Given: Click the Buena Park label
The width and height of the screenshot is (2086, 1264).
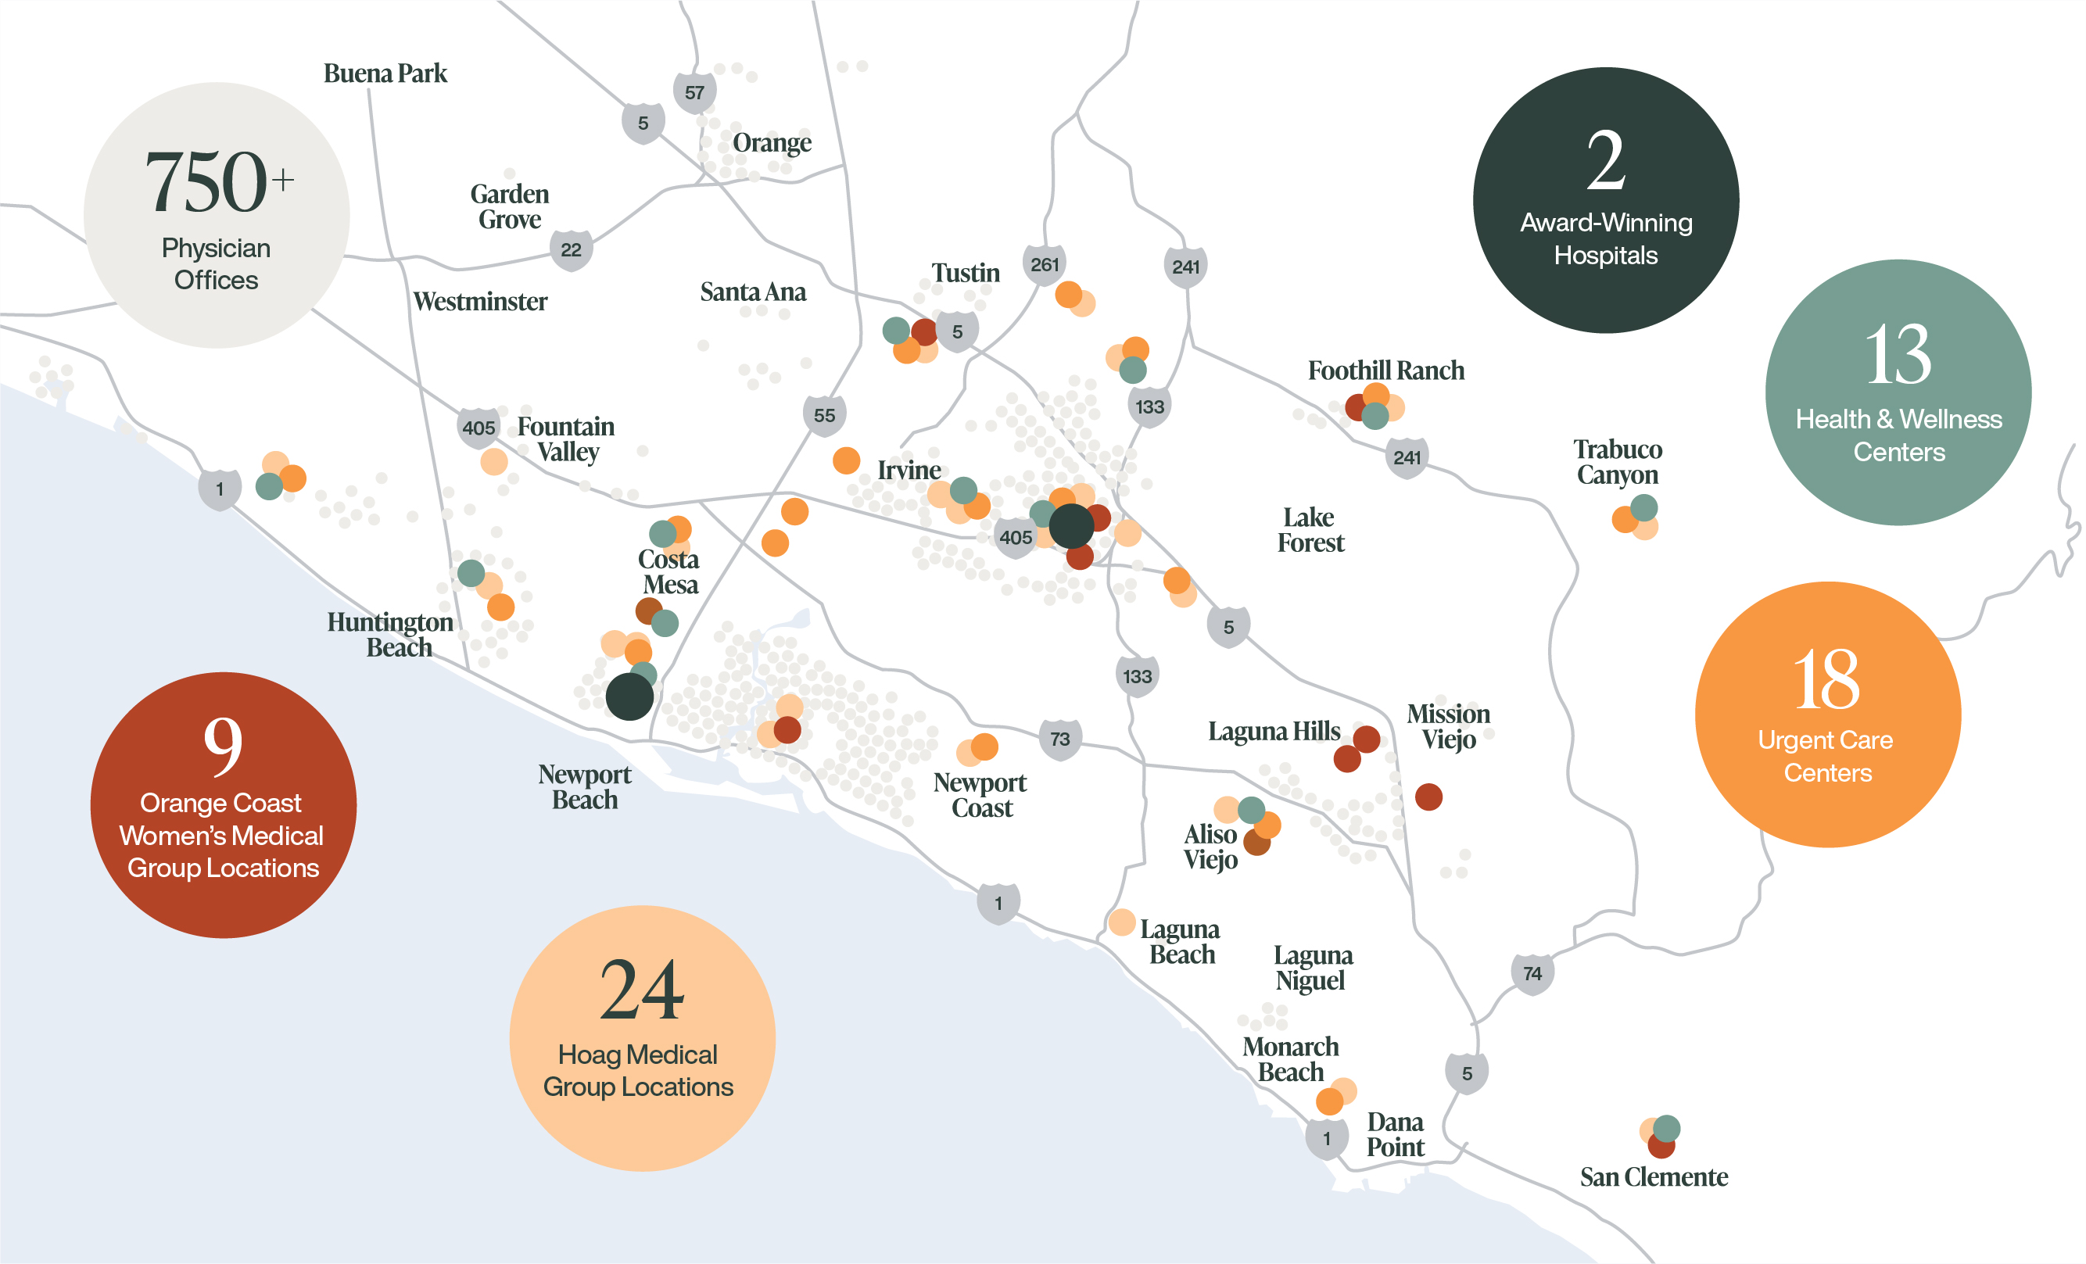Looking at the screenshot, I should [385, 73].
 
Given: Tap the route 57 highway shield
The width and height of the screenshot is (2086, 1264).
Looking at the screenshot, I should [694, 92].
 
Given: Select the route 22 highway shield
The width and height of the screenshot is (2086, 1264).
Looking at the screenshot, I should [571, 250].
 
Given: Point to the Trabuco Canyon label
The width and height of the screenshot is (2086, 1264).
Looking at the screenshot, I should [1617, 461].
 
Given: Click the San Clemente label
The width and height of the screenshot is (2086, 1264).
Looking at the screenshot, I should [1654, 1176].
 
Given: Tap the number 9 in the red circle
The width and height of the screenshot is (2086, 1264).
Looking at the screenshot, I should [223, 745].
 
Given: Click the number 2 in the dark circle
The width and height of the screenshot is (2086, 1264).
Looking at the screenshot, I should [1605, 161].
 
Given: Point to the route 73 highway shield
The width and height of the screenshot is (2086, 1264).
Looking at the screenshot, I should [1059, 739].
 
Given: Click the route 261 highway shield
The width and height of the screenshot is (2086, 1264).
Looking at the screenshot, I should [1044, 265].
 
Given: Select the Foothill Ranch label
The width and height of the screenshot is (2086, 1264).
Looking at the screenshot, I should [1386, 370].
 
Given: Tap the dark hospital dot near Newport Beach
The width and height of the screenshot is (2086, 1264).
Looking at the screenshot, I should [629, 696].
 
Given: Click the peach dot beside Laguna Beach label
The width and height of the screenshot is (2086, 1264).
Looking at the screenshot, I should [1122, 922].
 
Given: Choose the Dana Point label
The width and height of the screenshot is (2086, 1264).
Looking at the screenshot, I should [1395, 1134].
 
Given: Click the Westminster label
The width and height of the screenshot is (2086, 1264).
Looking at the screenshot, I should [480, 302].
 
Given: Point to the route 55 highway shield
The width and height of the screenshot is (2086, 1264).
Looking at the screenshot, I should [824, 415].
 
